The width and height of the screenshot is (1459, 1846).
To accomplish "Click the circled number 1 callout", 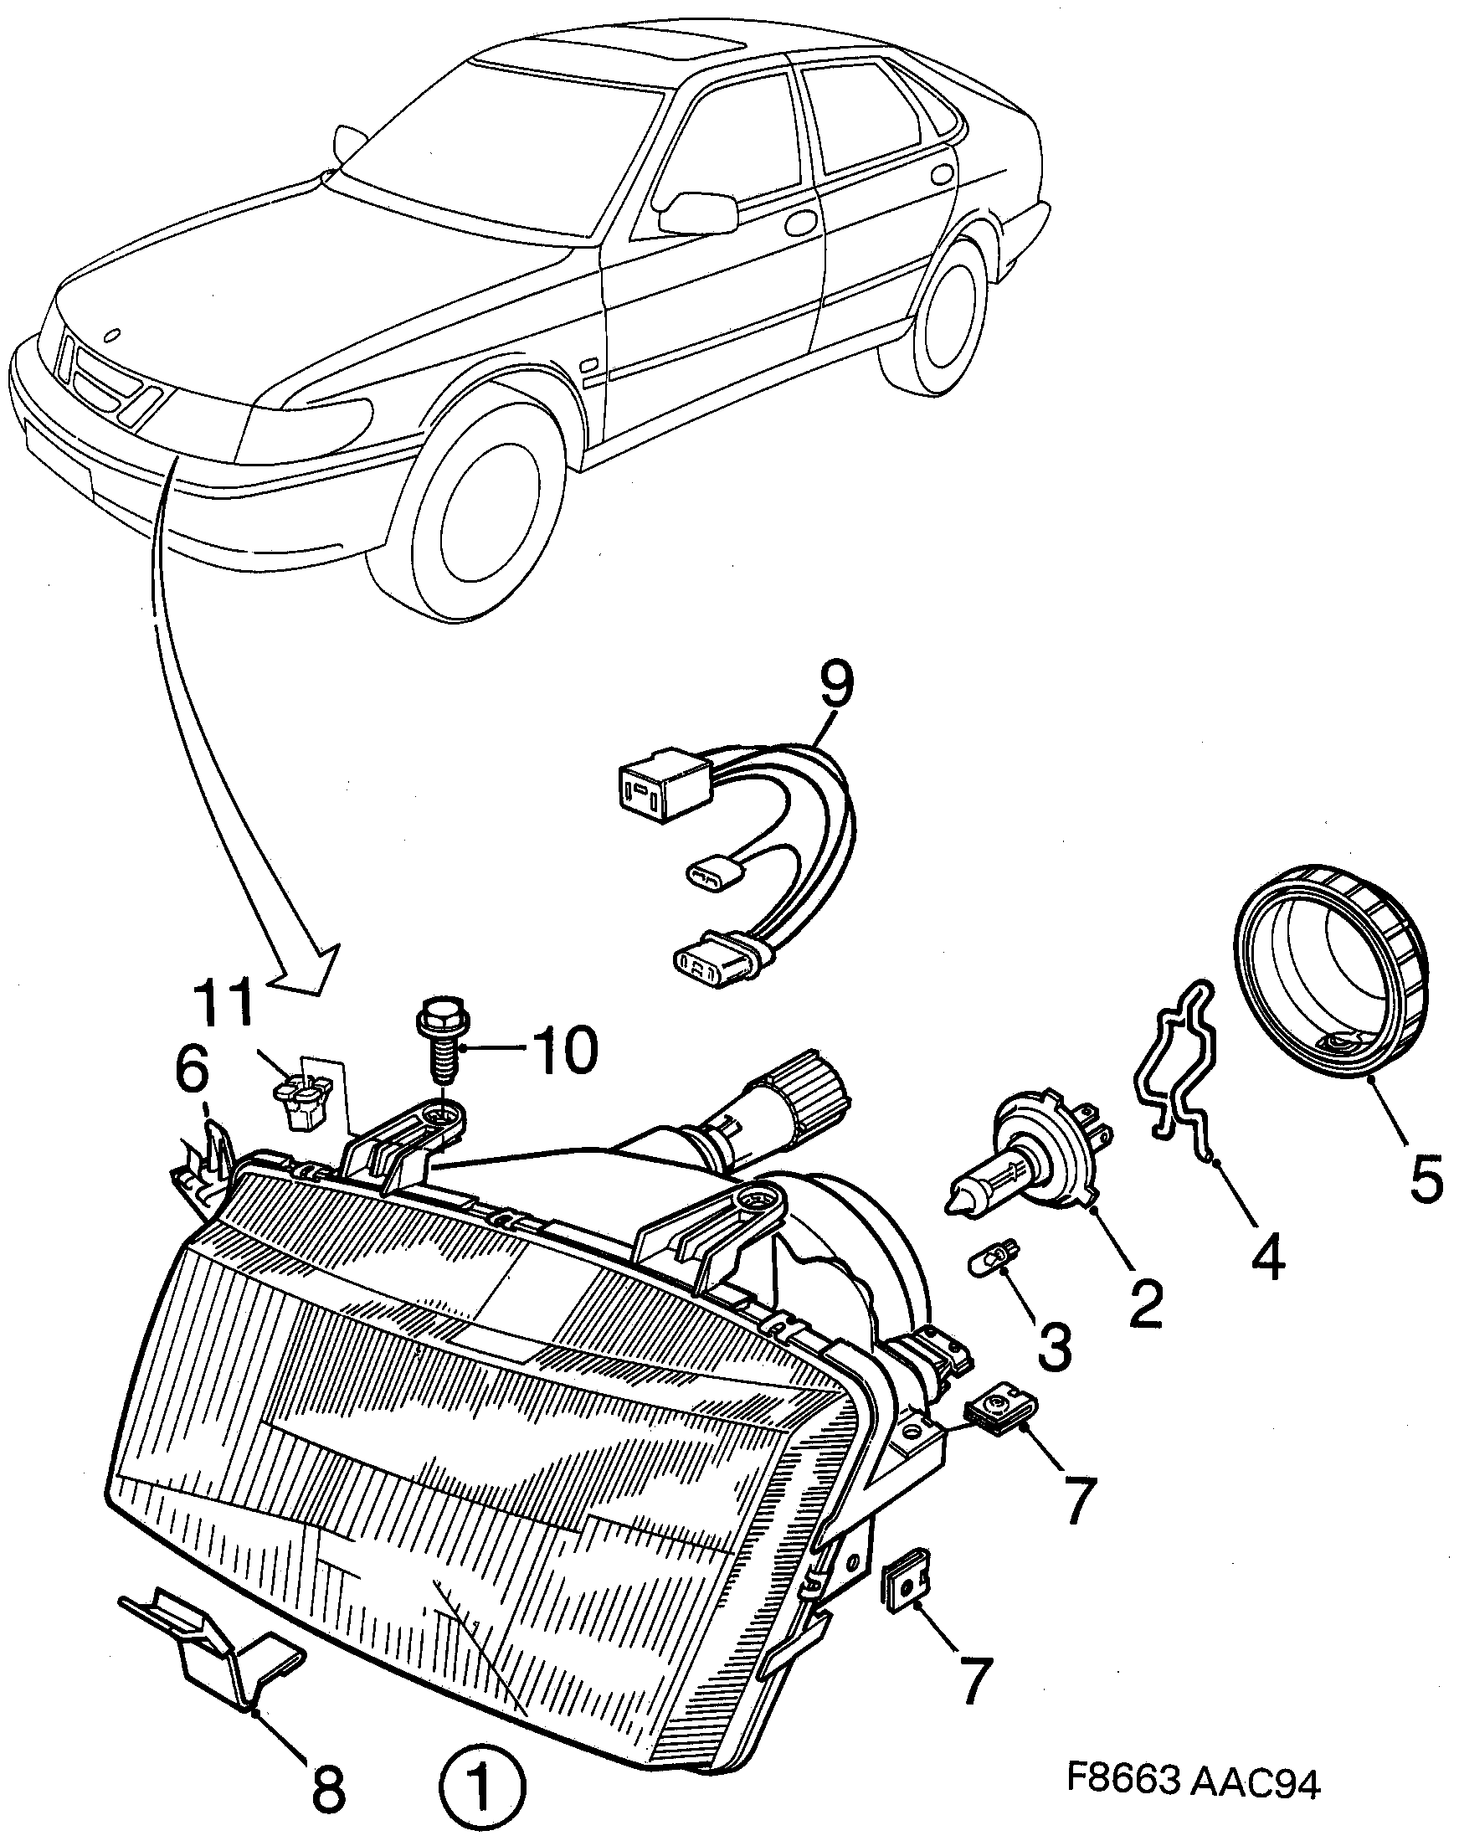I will coord(483,1785).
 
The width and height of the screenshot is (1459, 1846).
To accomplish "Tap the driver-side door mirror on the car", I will coord(696,213).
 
